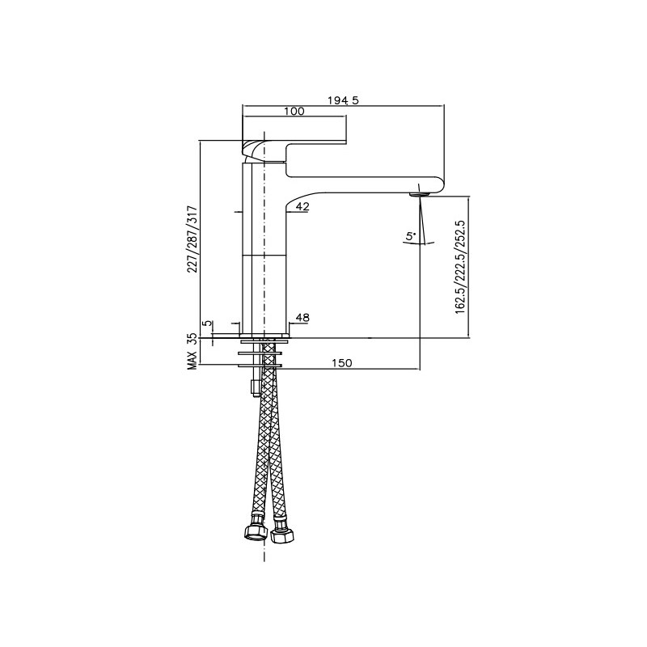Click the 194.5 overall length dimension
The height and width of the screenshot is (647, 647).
(343, 99)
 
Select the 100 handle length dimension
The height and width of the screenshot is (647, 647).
(294, 111)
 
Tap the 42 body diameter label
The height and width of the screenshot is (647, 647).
(302, 206)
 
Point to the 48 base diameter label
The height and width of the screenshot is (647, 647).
(302, 317)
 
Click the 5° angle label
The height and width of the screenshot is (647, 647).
(411, 236)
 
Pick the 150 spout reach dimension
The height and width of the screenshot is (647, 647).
(342, 362)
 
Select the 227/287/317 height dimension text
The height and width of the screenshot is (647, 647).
(192, 239)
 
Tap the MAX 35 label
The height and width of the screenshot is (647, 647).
(192, 352)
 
